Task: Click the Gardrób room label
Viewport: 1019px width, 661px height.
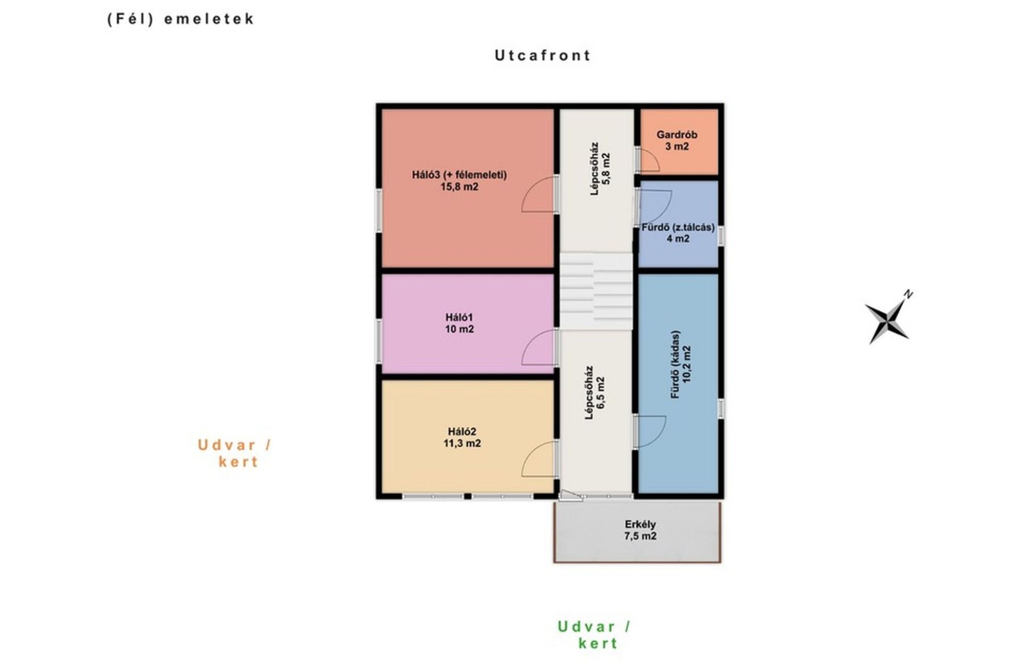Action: (x=676, y=135)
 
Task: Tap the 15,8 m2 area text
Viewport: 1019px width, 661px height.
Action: (x=459, y=187)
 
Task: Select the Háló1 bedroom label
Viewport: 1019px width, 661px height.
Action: (x=459, y=317)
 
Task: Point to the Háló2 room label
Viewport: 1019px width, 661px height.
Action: (x=462, y=431)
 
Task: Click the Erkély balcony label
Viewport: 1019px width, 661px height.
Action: (x=640, y=524)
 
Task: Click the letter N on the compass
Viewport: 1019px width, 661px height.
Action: (x=908, y=295)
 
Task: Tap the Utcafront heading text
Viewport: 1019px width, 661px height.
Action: (x=542, y=55)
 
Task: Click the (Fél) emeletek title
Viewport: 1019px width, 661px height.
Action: (x=180, y=19)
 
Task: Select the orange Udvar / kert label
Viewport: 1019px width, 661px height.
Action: (x=235, y=453)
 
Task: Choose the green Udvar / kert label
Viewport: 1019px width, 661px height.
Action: (x=595, y=635)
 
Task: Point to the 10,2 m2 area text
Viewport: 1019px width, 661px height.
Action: (x=687, y=364)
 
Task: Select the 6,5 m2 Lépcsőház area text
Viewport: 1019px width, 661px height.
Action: (x=600, y=392)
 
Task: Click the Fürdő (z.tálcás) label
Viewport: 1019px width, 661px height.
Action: (x=678, y=227)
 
